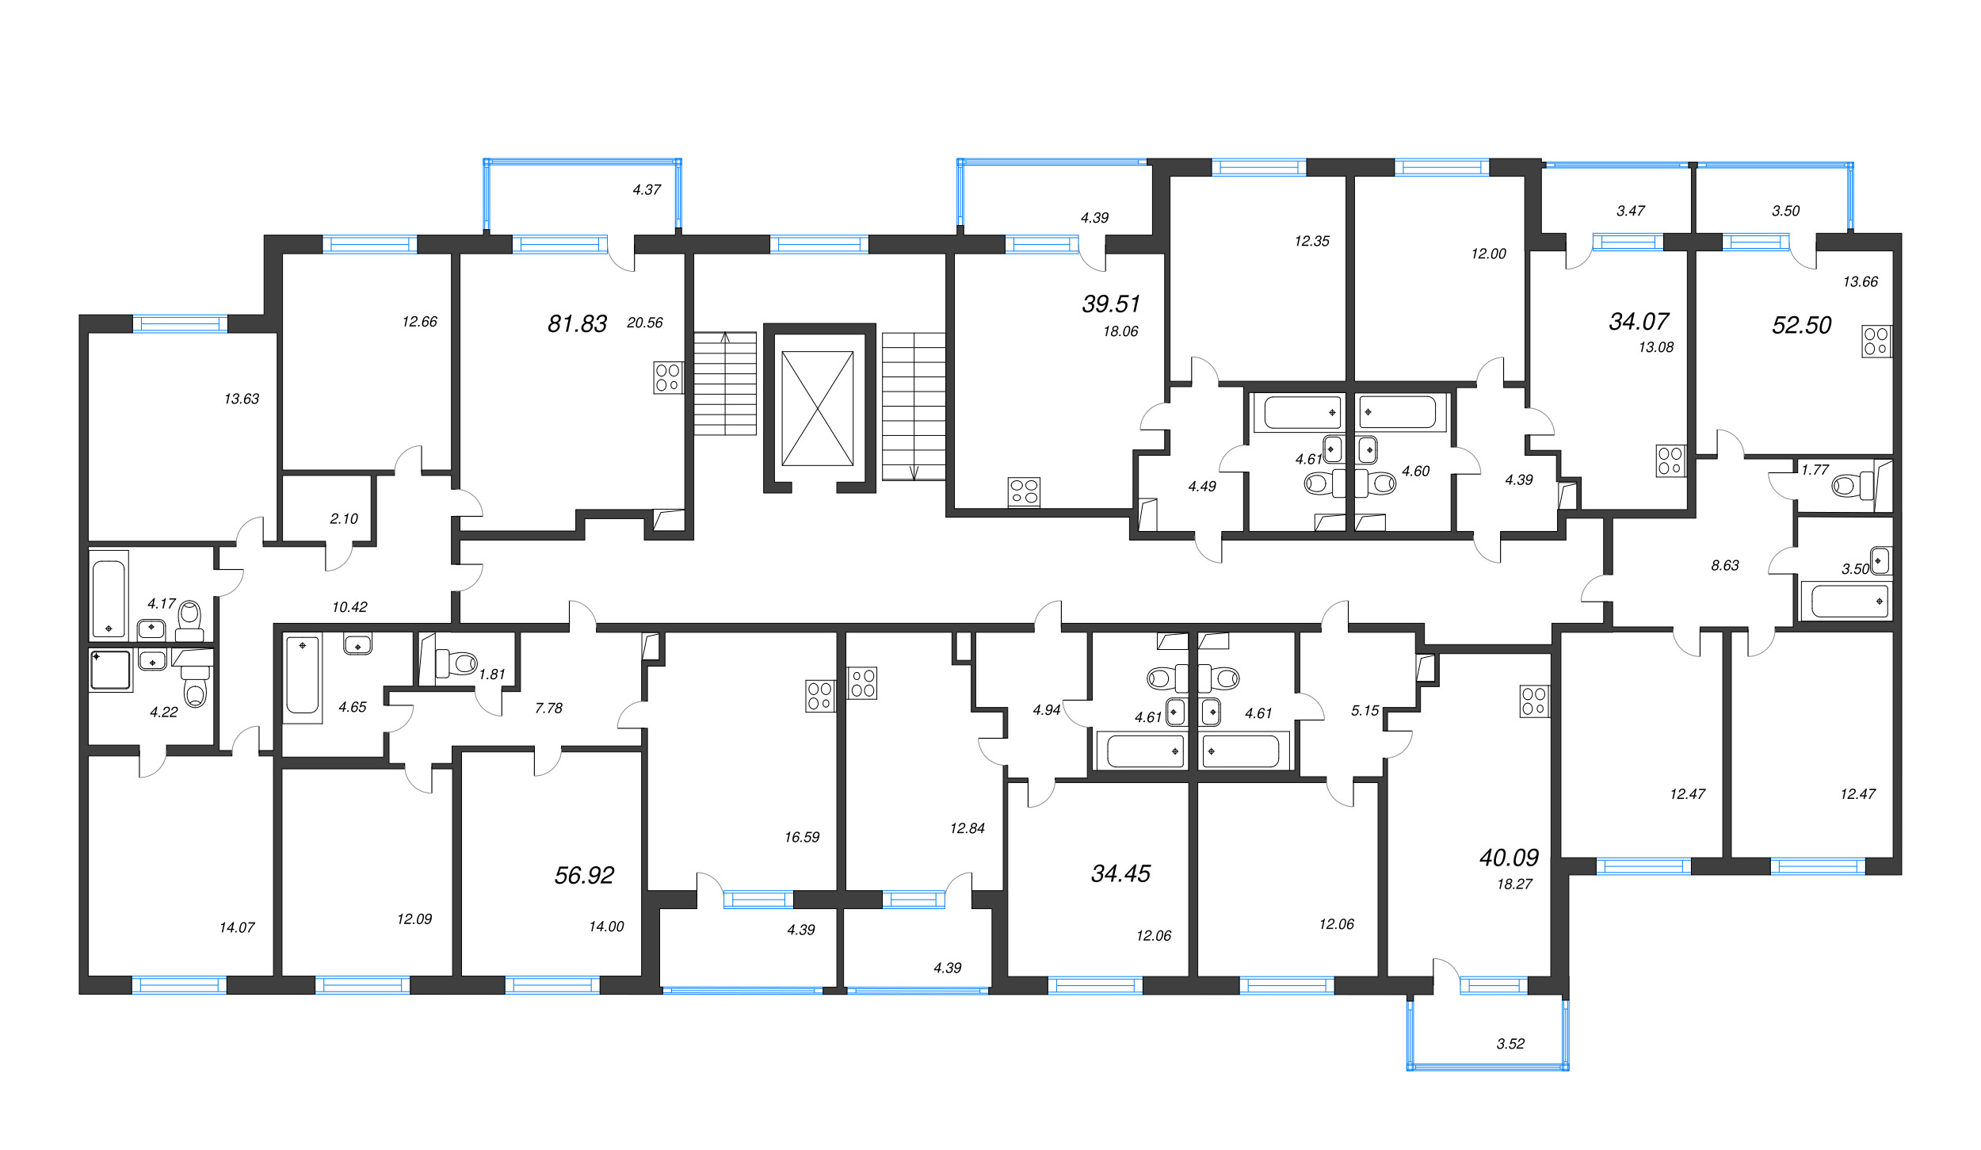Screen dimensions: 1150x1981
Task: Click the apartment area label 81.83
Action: pos(577,323)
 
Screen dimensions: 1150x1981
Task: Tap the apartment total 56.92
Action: pos(584,875)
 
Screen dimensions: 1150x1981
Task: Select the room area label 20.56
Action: pos(644,323)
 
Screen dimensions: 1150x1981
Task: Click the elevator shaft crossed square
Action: pos(817,408)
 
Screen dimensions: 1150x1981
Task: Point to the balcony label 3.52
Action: pos(1510,1044)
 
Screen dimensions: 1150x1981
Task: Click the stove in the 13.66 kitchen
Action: pos(1876,341)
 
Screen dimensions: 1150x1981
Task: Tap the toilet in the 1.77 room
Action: pos(1846,485)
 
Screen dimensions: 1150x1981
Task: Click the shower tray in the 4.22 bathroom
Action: pos(110,670)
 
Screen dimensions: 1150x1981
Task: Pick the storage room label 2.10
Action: pos(344,518)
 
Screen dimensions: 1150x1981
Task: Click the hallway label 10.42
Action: pos(349,607)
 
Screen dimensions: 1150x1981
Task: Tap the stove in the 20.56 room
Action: pos(667,377)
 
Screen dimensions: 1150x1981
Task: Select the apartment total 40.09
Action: pos(1509,858)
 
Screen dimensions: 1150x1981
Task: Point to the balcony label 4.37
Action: pos(647,189)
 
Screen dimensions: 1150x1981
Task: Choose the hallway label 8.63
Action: pos(1724,565)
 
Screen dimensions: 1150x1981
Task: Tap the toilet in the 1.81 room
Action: pos(458,662)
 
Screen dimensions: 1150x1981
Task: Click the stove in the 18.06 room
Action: pos(1024,491)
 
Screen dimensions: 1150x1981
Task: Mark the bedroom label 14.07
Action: pos(237,927)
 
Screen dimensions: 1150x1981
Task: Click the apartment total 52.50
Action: pos(1801,325)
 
